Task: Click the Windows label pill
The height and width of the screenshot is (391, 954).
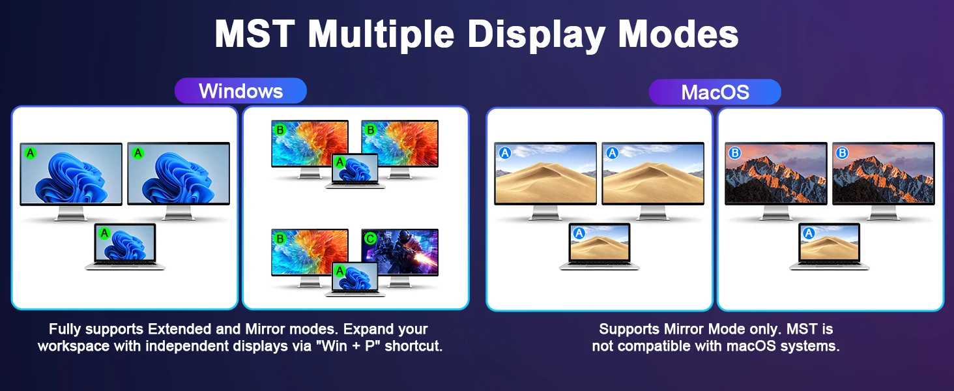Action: (240, 91)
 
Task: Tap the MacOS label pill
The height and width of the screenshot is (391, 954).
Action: (715, 92)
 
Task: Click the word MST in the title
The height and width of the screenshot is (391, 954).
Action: (255, 34)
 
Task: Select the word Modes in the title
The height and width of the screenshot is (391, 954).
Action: (678, 34)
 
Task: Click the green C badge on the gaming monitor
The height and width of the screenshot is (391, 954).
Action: (370, 239)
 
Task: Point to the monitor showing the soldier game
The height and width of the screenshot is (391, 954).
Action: (400, 257)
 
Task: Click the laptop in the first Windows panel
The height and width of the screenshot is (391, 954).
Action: (124, 246)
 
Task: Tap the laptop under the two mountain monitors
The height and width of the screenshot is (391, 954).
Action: (830, 246)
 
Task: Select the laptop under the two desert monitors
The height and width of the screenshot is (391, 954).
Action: (600, 246)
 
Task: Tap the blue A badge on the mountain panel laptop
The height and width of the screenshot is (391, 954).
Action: (809, 233)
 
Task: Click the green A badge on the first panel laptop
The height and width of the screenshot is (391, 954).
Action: (104, 233)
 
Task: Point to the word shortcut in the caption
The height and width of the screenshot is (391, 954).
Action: (414, 346)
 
